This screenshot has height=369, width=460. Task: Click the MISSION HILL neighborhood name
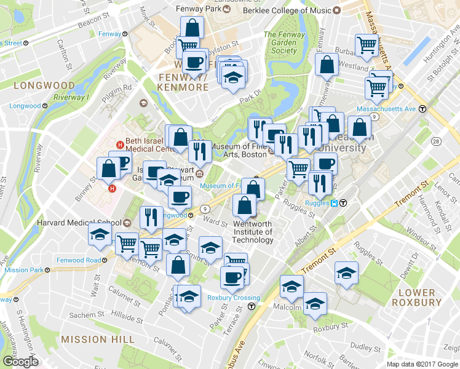98,339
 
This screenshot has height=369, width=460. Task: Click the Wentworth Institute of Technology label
253,232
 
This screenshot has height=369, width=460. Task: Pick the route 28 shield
436,141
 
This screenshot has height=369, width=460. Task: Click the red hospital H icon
112,188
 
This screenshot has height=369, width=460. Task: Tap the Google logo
20,362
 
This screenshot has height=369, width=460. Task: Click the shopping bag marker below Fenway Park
192,28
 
